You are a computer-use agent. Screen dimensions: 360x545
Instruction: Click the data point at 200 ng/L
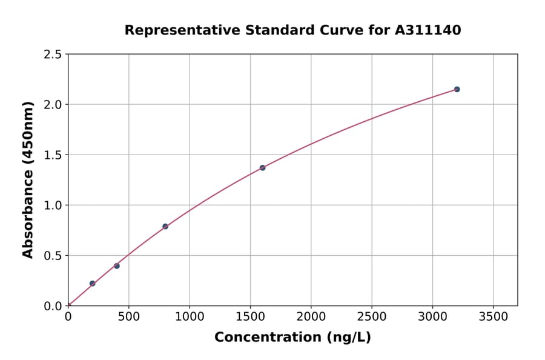pos(92,284)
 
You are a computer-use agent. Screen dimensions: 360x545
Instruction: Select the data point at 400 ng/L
pos(117,266)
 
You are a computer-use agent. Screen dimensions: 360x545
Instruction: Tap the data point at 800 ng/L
pos(165,227)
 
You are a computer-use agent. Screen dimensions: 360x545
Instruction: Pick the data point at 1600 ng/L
pos(262,168)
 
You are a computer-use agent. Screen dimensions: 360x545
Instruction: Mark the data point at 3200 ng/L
pos(457,89)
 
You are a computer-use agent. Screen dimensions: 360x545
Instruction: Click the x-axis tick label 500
pos(128,316)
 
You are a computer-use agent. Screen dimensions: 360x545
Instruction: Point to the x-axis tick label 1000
pos(190,316)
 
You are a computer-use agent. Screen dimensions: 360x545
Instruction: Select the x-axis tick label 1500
pos(250,316)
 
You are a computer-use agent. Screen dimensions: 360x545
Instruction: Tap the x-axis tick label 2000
pos(311,316)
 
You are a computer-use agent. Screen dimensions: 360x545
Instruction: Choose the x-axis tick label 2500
pos(372,316)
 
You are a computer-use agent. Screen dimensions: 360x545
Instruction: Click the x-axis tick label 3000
pos(432,316)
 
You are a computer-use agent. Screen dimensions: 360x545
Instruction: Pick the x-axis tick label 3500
pos(494,316)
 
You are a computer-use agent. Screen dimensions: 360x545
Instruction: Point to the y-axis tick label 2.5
pos(53,55)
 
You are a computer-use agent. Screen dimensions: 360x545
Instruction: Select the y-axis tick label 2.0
pos(53,105)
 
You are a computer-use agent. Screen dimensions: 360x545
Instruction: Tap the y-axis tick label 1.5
pos(53,155)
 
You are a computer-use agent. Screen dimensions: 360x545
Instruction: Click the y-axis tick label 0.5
pos(53,256)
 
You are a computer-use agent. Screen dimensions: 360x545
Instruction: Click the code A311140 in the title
pos(428,30)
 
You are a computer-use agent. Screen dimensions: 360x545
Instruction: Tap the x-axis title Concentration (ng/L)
pos(292,338)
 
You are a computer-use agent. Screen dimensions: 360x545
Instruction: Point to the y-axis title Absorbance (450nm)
pos(28,180)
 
